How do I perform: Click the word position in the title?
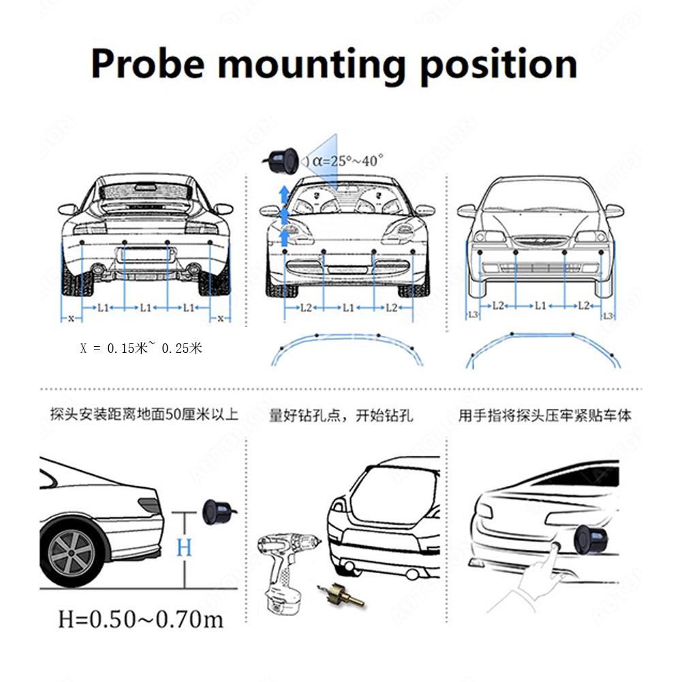click(x=498, y=65)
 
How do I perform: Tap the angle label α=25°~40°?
click(x=347, y=161)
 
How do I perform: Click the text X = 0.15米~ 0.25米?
click(x=141, y=348)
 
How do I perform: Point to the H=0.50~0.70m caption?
click(x=141, y=619)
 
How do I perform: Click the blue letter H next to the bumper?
click(x=184, y=547)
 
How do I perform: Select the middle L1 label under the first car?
click(x=145, y=308)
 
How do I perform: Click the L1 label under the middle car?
click(x=348, y=308)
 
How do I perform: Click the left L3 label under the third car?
click(x=474, y=314)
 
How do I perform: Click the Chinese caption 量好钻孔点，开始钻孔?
click(x=341, y=416)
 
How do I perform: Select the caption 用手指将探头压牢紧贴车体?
click(x=544, y=416)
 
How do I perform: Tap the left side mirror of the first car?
click(x=68, y=209)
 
